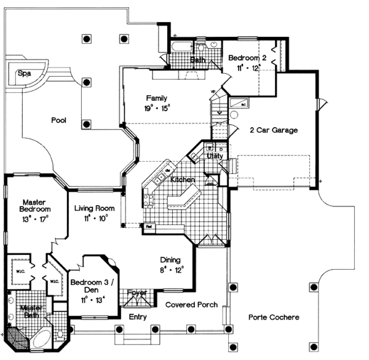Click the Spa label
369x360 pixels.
[x=24, y=73]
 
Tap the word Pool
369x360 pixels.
[x=58, y=120]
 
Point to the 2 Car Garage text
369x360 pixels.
[x=274, y=130]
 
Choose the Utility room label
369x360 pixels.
[x=215, y=157]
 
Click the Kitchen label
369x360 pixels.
[x=183, y=179]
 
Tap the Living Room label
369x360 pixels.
[x=92, y=209]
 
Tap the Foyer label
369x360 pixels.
[x=137, y=293]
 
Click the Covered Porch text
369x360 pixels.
[x=191, y=305]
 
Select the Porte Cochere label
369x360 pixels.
[x=274, y=318]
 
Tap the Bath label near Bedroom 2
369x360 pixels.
[x=197, y=60]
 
